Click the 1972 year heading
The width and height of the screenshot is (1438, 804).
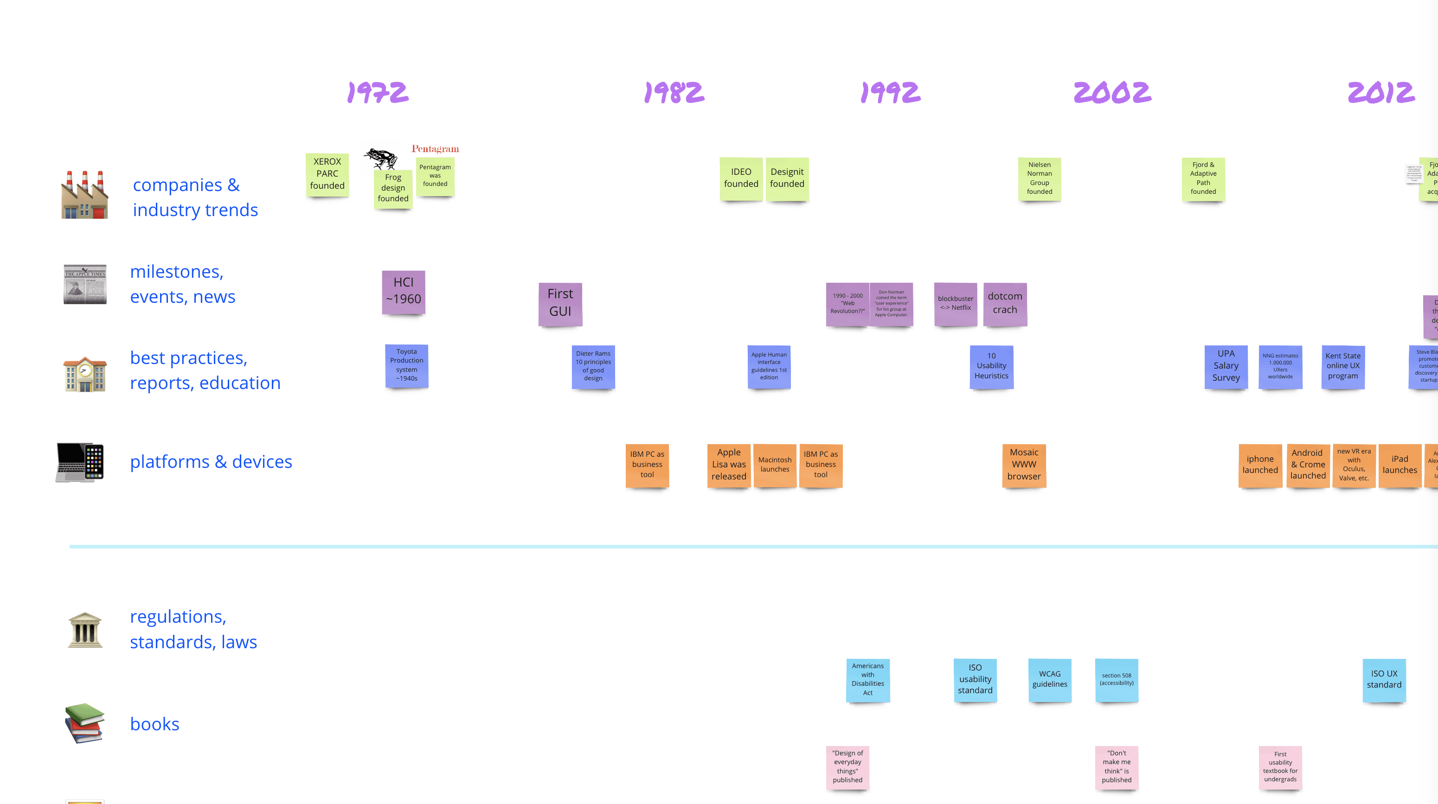378,93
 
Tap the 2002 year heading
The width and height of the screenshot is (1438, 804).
1112,93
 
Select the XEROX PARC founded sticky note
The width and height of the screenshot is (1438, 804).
327,174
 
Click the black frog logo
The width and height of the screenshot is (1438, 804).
381,158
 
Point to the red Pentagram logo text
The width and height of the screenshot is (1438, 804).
435,149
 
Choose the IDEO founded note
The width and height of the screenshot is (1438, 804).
741,179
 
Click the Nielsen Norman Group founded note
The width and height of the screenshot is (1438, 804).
1040,179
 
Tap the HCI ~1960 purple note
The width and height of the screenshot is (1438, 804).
404,292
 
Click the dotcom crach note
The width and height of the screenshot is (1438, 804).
1005,304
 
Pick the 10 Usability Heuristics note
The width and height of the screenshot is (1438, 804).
991,366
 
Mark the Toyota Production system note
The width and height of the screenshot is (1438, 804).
406,365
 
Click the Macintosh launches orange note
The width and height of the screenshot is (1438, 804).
775,465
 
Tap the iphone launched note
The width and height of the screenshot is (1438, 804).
1260,465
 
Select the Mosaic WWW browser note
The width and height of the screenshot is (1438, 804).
1024,465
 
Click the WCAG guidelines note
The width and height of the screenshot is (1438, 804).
1049,680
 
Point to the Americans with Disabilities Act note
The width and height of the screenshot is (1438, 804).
867,680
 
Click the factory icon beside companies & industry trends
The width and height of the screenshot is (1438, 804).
84,195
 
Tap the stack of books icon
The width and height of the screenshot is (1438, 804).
84,723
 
